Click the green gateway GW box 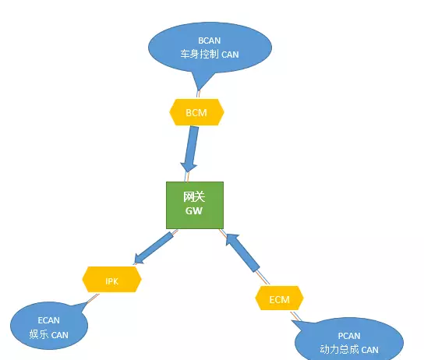[194, 205]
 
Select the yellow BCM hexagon [196, 113]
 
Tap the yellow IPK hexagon [111, 279]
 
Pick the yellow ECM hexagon [280, 298]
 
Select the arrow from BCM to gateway [192, 148]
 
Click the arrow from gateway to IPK [154, 247]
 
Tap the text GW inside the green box [193, 211]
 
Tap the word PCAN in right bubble [348, 336]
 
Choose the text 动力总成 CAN [348, 350]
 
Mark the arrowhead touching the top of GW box [189, 168]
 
